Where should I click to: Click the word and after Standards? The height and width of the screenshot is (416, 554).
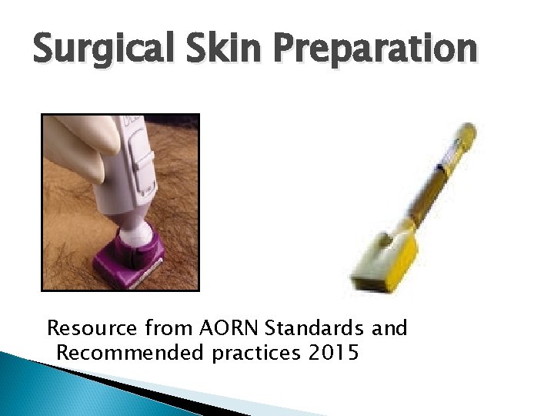pyautogui.click(x=389, y=329)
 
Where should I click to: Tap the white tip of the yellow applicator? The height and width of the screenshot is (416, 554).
pyautogui.click(x=466, y=134)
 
